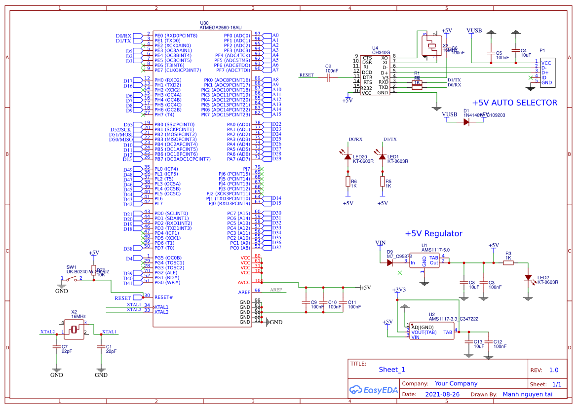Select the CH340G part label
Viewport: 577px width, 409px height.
point(381,52)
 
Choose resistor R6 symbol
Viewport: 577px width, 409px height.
point(347,182)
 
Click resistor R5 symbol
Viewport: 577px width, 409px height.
point(382,182)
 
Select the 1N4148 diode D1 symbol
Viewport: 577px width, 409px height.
point(466,122)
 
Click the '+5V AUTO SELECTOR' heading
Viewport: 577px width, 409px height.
point(514,103)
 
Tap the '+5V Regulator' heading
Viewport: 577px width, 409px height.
point(433,234)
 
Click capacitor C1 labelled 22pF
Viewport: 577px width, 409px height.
point(101,347)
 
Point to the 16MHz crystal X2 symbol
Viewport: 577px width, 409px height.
point(74,329)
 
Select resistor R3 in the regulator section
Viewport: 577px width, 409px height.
point(508,263)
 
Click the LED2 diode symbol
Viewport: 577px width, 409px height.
point(528,278)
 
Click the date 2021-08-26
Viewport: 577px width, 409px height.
point(442,395)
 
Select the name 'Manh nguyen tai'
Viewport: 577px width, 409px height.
point(527,394)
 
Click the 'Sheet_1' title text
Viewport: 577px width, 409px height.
point(391,370)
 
